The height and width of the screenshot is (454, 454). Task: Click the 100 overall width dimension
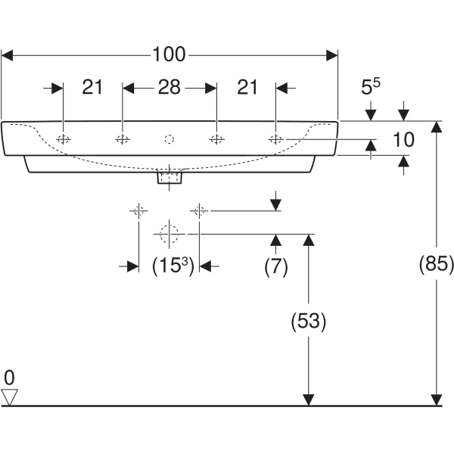coord(169,54)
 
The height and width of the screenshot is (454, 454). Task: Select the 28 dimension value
coord(169,88)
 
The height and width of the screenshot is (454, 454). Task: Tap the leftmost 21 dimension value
coord(92,88)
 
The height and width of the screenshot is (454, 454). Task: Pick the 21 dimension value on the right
coord(247,88)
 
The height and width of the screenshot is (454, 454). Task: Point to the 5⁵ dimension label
coord(370,88)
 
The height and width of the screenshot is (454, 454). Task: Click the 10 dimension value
coord(405,139)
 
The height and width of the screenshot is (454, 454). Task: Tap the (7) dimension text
coord(275,266)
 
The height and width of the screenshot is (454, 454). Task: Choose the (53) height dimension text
coord(308,321)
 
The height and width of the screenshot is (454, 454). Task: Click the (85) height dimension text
coord(436,264)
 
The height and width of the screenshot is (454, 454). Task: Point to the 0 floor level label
coord(9,376)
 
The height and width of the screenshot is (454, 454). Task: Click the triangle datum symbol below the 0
coord(9,396)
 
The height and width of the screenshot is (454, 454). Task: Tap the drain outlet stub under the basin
coord(169,179)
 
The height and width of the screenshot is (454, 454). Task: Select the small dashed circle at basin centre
coord(169,139)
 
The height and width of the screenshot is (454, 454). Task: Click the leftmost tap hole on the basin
coord(64,139)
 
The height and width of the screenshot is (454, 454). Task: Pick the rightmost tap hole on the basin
coord(276,139)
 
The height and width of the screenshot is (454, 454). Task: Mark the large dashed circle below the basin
coord(169,234)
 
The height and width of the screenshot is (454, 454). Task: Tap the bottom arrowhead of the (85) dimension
coord(436,400)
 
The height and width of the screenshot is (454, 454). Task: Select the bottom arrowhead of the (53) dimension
coord(308,400)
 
